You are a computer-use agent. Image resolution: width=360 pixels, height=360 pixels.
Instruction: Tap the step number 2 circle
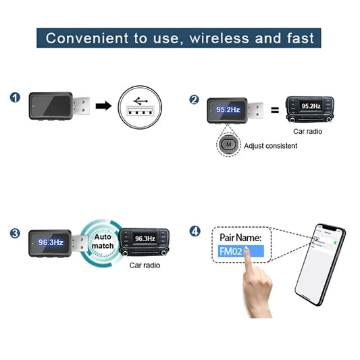(194, 99)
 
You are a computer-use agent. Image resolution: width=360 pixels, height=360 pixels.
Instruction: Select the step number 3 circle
(15, 234)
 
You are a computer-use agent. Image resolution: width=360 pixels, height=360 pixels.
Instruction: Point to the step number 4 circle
(195, 231)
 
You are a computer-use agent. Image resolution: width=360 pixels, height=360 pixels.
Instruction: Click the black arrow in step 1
(103, 106)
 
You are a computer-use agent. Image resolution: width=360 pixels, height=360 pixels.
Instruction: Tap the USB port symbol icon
(140, 106)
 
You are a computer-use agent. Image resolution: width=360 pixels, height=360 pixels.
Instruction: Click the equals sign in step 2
(275, 109)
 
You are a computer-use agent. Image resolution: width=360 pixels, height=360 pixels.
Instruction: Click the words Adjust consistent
(270, 145)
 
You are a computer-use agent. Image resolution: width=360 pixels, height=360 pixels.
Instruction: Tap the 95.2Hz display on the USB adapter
(228, 109)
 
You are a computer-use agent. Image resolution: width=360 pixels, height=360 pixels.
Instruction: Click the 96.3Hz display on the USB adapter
(51, 241)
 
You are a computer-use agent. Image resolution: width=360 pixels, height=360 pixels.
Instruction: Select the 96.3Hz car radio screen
(145, 238)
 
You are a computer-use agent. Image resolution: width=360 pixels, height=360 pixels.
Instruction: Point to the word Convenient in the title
(88, 38)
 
